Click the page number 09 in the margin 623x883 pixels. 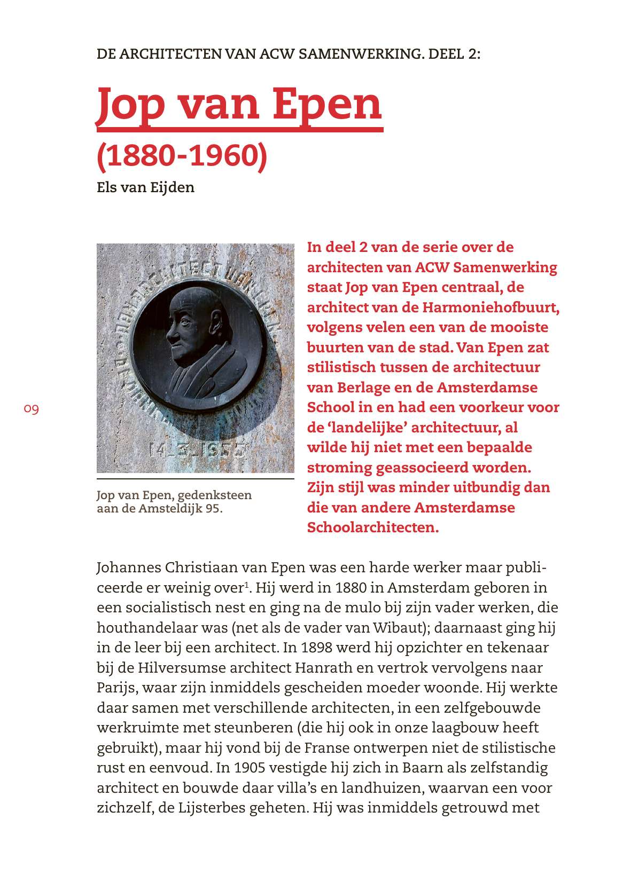pyautogui.click(x=32, y=409)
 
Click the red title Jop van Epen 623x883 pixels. pyautogui.click(x=239, y=104)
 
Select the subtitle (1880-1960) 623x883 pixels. pyautogui.click(x=181, y=155)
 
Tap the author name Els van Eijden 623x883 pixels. pyautogui.click(x=145, y=187)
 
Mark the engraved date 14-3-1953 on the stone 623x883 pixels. pyautogui.click(x=198, y=450)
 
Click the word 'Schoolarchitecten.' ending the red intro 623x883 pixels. pyautogui.click(x=372, y=527)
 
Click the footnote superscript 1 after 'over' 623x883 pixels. pyautogui.click(x=246, y=585)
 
